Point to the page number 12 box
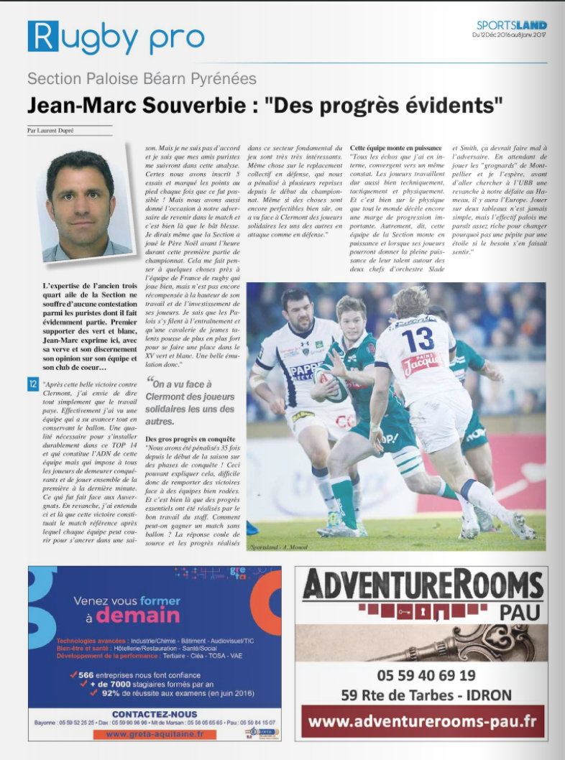[x=33, y=384]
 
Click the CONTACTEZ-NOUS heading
[x=155, y=714]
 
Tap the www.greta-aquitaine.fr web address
[x=155, y=734]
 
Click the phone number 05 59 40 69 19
[x=426, y=675]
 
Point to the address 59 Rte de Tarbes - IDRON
[x=426, y=695]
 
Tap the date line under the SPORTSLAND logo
[x=510, y=35]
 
